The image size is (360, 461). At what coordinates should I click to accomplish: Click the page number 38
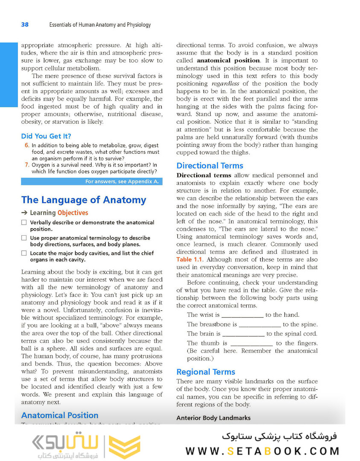(x=25, y=25)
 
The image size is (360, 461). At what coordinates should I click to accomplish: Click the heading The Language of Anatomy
(x=84, y=200)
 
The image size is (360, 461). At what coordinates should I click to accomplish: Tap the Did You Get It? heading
(x=46, y=137)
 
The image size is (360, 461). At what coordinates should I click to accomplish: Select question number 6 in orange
(x=26, y=146)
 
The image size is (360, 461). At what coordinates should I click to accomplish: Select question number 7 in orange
(x=26, y=165)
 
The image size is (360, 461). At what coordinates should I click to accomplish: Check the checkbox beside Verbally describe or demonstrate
(x=24, y=222)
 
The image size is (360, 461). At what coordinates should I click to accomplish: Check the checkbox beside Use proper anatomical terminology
(x=24, y=238)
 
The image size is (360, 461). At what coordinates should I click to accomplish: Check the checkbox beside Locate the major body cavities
(x=24, y=253)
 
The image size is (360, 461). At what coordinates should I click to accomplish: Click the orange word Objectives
(x=73, y=213)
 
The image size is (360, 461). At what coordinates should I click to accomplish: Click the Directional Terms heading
(x=209, y=166)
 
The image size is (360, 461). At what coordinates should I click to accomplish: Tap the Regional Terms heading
(x=206, y=372)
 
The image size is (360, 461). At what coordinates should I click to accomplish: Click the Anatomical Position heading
(x=60, y=415)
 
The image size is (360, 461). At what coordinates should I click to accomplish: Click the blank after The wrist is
(x=242, y=315)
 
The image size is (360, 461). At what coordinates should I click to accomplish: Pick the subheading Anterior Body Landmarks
(x=213, y=418)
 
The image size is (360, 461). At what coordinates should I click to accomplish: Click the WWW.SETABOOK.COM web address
(x=262, y=451)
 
